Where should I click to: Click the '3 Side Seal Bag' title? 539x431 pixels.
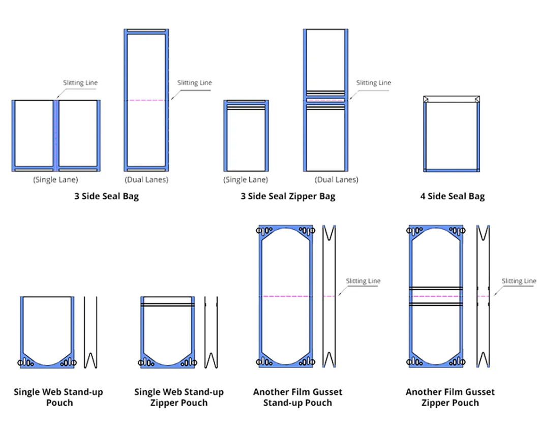click(106, 197)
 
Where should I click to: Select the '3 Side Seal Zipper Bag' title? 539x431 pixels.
click(288, 197)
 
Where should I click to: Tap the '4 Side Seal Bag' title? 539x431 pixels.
click(452, 197)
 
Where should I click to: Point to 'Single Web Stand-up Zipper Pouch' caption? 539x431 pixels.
click(178, 397)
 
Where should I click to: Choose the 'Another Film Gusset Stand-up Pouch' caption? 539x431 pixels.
click(297, 397)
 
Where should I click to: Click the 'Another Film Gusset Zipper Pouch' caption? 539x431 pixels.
click(450, 397)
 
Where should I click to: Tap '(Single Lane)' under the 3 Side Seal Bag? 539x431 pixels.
click(55, 179)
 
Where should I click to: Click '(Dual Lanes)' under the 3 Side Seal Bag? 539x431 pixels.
click(146, 179)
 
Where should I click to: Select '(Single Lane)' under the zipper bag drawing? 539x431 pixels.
click(246, 179)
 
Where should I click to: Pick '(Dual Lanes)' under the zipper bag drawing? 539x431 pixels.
click(336, 179)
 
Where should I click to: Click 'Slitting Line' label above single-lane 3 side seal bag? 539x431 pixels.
click(80, 83)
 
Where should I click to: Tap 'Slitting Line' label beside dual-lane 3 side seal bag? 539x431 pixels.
click(194, 83)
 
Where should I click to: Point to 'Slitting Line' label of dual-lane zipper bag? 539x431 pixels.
click(374, 83)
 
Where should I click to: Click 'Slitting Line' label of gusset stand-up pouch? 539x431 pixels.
click(363, 281)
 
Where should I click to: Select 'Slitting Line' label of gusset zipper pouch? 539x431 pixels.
click(519, 281)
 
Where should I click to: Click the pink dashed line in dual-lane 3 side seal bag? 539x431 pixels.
click(146, 100)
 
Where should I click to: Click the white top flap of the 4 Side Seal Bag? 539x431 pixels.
click(452, 100)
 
